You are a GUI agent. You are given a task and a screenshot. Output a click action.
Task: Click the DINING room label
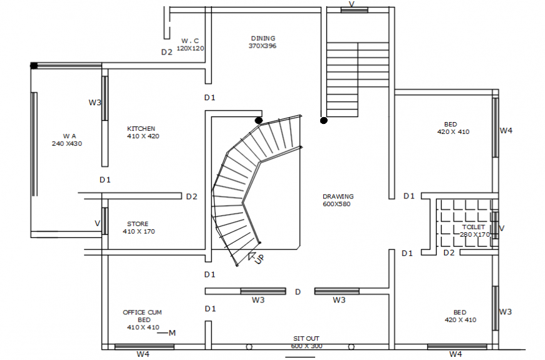tap(262, 38)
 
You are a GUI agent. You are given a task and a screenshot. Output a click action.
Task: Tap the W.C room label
tap(190, 40)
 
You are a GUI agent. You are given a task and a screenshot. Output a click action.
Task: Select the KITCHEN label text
tap(141, 128)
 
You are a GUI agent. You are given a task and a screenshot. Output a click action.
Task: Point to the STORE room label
tap(138, 224)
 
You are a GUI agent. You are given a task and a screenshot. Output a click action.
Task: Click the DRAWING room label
tap(338, 196)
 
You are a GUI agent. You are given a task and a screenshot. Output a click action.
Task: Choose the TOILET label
tap(474, 227)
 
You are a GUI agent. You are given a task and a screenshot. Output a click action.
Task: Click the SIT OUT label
tap(306, 338)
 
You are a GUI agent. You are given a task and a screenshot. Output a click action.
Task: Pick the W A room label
tap(69, 135)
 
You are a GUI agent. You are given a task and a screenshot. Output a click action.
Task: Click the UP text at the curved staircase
tap(258, 259)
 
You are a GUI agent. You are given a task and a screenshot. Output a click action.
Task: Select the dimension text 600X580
tap(338, 204)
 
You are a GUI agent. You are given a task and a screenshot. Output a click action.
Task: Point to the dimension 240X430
tap(67, 143)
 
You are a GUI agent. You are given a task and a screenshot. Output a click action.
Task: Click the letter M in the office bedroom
tap(172, 332)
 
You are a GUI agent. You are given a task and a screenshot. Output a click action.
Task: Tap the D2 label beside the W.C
tap(166, 53)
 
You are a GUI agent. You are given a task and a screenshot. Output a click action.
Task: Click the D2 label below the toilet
tap(449, 253)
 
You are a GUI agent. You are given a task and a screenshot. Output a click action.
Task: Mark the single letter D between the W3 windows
tap(298, 292)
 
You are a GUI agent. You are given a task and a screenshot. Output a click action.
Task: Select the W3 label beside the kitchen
tap(95, 102)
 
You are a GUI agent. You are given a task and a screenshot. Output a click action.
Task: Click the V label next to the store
tap(97, 223)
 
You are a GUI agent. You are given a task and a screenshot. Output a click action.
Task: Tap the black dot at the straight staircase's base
tap(323, 120)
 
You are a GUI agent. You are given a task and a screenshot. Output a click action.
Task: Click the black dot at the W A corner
tap(34, 65)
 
